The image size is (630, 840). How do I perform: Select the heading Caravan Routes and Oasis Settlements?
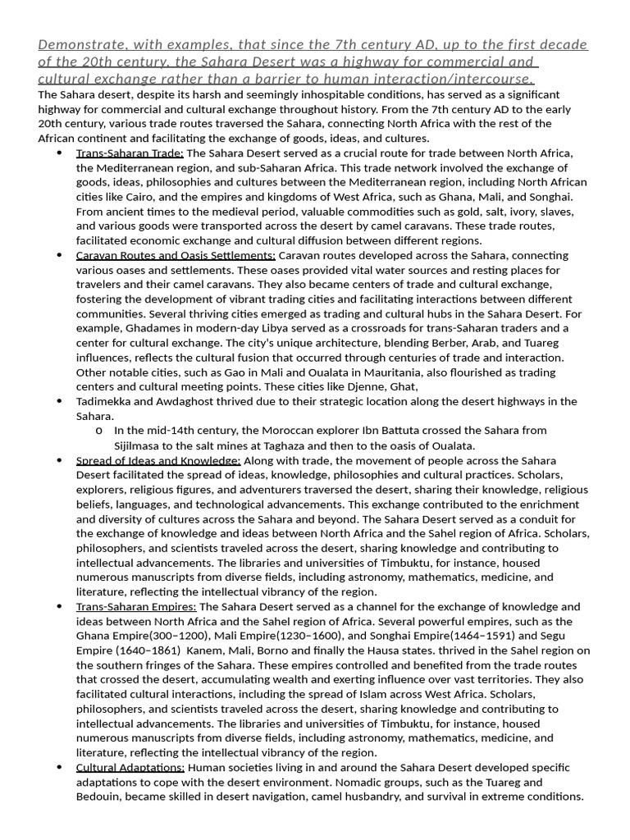(176, 255)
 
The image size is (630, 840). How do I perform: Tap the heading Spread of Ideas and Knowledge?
(158, 460)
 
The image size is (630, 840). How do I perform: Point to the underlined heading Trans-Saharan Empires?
(136, 606)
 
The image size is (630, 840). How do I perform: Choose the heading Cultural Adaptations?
(130, 767)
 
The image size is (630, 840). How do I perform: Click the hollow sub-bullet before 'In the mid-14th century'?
(98, 431)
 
